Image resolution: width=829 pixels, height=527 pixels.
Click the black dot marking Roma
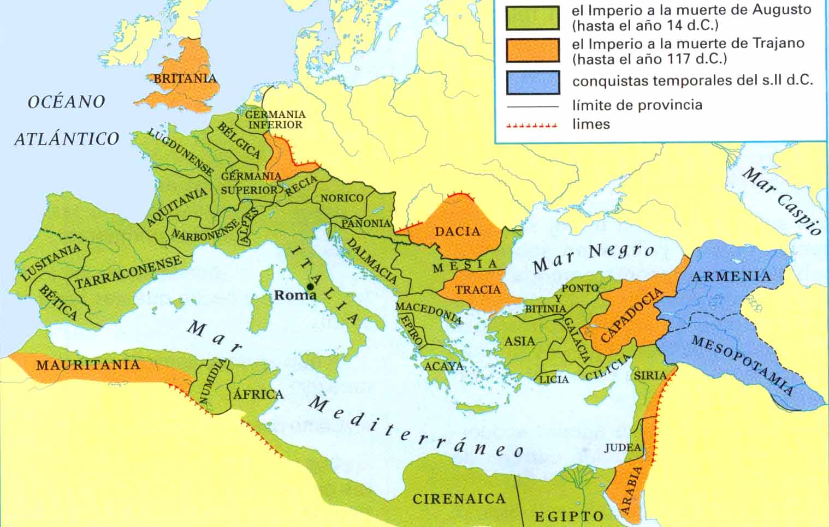(310, 286)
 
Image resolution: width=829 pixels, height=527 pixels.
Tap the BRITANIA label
(185, 79)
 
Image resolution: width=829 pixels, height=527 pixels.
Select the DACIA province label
(457, 231)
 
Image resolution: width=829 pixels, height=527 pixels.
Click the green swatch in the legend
(532, 17)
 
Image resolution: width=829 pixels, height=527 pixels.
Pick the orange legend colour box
(532, 50)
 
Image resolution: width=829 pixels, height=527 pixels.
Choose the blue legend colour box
(532, 82)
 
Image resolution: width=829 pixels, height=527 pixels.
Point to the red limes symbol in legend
(532, 125)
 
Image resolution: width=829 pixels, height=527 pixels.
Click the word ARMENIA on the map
(731, 276)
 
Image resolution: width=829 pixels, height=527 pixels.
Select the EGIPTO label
(569, 516)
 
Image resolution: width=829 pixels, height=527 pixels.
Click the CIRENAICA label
(459, 499)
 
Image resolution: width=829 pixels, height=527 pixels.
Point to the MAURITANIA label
(88, 365)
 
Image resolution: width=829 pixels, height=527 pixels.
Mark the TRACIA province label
(478, 290)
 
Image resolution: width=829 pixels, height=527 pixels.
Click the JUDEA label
(622, 448)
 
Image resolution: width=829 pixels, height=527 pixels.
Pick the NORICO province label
(341, 198)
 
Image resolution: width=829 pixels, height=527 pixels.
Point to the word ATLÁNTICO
(67, 139)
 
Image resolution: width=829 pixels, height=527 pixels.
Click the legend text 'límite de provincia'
(637, 105)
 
